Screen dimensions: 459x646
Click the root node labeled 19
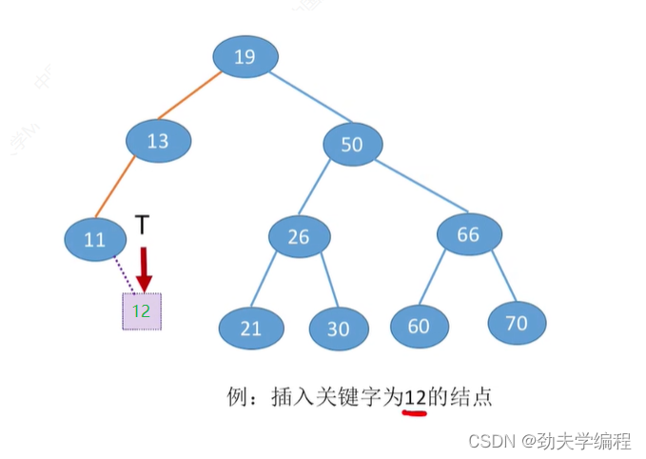point(245,57)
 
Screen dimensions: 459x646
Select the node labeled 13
point(158,141)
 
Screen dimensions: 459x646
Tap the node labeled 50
point(352,145)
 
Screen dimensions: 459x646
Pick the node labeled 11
point(95,240)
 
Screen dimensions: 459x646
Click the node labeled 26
point(299,236)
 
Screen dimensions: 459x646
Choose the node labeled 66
point(469,234)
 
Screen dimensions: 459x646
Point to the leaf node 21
point(250,329)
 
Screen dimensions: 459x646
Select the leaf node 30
point(339,329)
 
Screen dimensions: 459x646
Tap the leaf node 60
point(419,326)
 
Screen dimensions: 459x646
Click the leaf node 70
point(517,323)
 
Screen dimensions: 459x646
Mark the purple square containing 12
point(142,310)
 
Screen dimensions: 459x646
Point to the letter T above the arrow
point(143,225)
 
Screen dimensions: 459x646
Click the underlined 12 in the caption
point(414,397)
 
